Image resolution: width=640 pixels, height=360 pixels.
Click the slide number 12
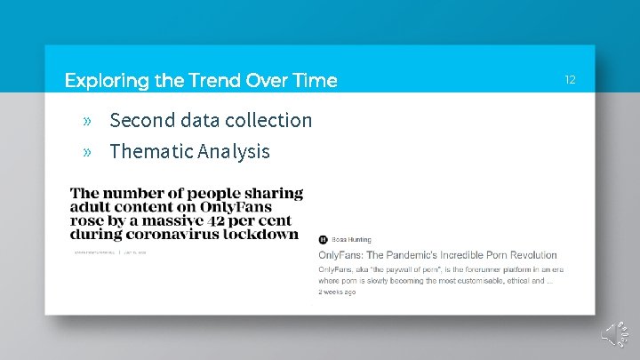pos(570,80)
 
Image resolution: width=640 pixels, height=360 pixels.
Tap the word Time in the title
pos(316,81)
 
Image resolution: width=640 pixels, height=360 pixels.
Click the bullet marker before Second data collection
pos(87,120)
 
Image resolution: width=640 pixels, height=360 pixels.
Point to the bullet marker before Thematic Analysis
pos(87,152)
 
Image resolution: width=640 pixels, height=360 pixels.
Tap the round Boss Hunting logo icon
pos(323,240)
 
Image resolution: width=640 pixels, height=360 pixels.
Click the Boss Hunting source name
pos(351,240)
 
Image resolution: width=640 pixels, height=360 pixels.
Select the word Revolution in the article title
pos(528,255)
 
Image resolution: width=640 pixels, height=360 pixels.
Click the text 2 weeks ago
pos(337,292)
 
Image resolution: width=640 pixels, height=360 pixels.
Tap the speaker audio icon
pos(613,333)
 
